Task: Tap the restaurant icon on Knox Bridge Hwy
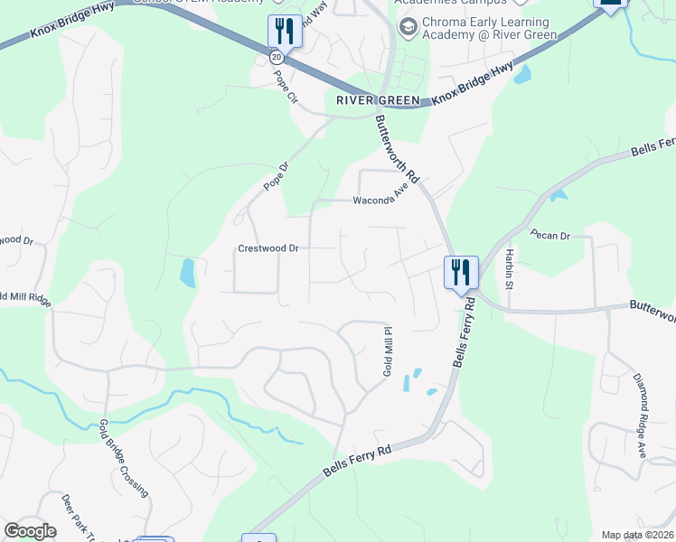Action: [x=285, y=32]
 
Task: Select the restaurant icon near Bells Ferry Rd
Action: [x=460, y=271]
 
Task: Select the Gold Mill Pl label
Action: [x=386, y=352]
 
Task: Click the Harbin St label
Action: [x=510, y=268]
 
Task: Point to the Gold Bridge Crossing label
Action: [x=124, y=458]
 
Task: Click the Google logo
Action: [x=30, y=531]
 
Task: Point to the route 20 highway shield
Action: [x=276, y=56]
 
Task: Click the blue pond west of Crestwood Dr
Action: [x=187, y=273]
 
